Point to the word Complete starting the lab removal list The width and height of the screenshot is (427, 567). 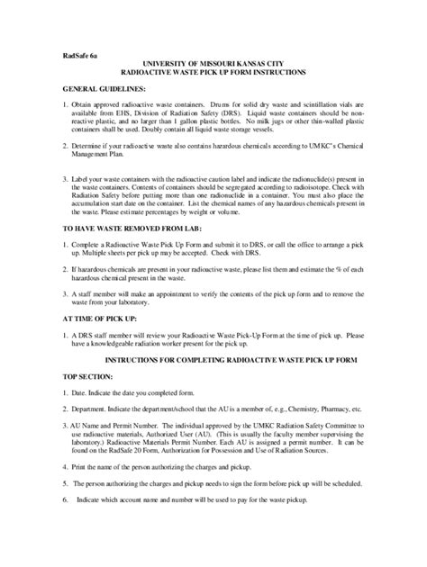point(91,246)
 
